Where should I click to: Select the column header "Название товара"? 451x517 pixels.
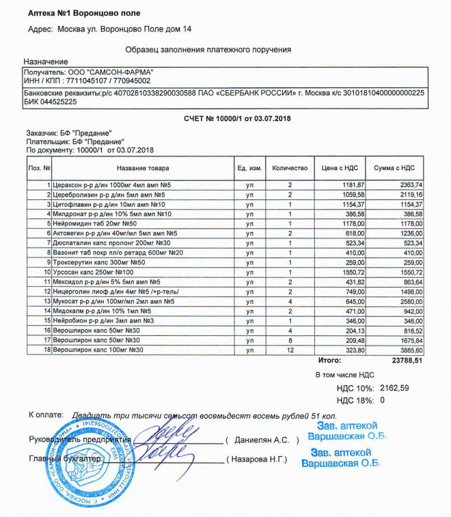(x=143, y=167)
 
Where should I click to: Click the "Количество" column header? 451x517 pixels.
(x=290, y=167)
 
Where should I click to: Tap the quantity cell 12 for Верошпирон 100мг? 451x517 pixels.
(x=290, y=350)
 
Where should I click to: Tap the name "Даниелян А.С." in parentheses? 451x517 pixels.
(x=262, y=440)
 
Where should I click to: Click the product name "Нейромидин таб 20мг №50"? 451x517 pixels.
(x=96, y=223)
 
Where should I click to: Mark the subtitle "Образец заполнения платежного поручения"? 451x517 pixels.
(x=208, y=49)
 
